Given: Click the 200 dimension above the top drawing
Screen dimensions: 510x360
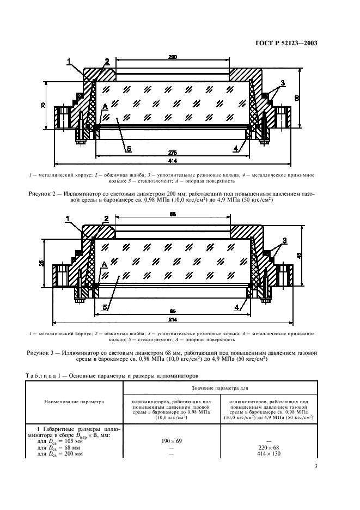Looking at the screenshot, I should coord(173,57).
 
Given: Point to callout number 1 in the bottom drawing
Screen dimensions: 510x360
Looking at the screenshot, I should coord(69,217).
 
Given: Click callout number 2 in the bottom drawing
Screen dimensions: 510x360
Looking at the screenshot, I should coord(107,218).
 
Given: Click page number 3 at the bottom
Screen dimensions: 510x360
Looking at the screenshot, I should coord(315,466).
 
